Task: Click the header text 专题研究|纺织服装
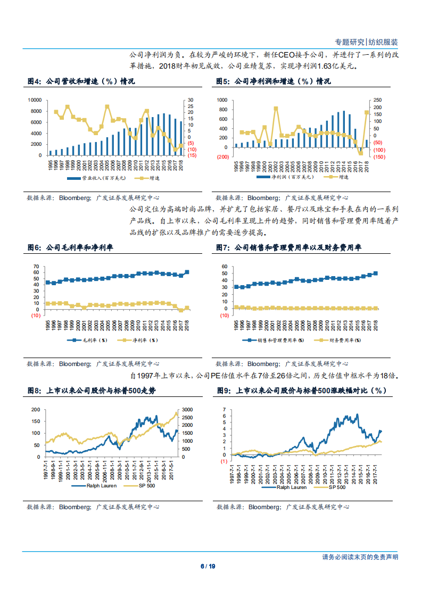pyautogui.click(x=366, y=42)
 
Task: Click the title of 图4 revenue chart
pyautogui.click(x=81, y=82)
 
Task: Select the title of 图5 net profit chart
pyautogui.click(x=273, y=82)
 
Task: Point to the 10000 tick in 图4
pyautogui.click(x=35, y=100)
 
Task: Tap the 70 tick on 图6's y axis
pyautogui.click(x=36, y=266)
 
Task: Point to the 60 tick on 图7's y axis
pyautogui.click(x=225, y=266)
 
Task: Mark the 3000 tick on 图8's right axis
pyautogui.click(x=188, y=410)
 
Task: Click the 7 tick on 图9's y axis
pyautogui.click(x=224, y=410)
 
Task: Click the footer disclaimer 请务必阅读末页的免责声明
pyautogui.click(x=360, y=557)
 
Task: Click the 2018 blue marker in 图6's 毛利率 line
pyautogui.click(x=186, y=272)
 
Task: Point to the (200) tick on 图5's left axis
pyautogui.click(x=222, y=157)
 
